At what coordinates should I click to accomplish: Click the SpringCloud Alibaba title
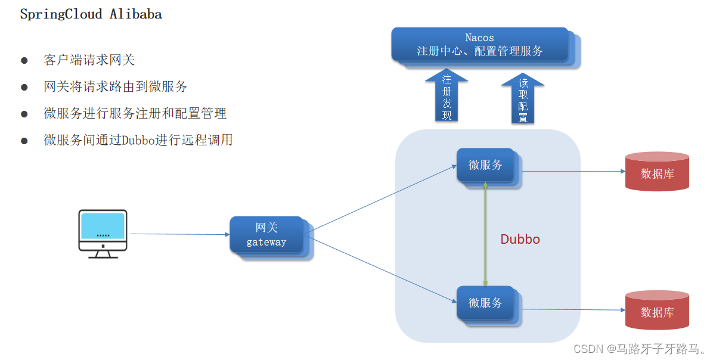click(91, 15)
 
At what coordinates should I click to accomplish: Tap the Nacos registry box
click(480, 45)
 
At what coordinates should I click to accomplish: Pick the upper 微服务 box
click(485, 165)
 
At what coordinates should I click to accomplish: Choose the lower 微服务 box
click(485, 303)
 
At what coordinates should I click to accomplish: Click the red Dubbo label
click(520, 240)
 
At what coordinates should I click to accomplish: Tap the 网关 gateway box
click(266, 235)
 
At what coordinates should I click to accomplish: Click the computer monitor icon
click(103, 233)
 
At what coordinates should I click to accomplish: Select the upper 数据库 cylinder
click(657, 172)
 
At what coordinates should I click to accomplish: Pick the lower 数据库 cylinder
click(657, 310)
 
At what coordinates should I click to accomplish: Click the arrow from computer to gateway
click(179, 234)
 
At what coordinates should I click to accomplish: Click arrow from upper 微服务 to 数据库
click(572, 172)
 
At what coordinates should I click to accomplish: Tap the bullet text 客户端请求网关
click(89, 60)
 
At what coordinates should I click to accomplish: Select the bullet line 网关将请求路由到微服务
click(116, 87)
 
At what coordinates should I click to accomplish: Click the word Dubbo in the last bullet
click(138, 141)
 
